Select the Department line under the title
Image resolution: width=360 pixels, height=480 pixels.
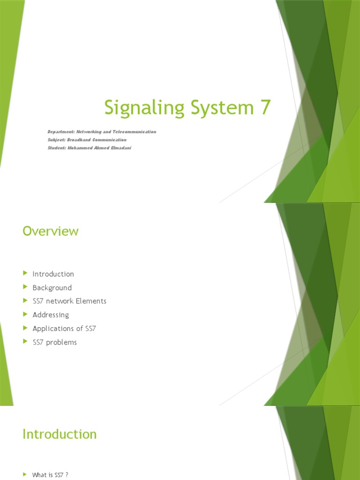pyautogui.click(x=102, y=132)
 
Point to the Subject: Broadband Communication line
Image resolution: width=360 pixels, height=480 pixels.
pyautogui.click(x=87, y=140)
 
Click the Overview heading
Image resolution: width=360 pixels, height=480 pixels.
pyautogui.click(x=51, y=231)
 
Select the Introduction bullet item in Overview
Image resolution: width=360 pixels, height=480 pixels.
pyautogui.click(x=53, y=274)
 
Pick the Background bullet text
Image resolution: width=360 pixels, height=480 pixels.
pyautogui.click(x=52, y=288)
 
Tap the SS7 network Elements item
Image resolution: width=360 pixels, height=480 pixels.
pyautogui.click(x=69, y=301)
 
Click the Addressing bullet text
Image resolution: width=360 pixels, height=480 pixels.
pyautogui.click(x=51, y=315)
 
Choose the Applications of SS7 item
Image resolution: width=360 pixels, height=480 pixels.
pyautogui.click(x=64, y=329)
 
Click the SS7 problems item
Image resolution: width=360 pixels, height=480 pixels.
pyautogui.click(x=54, y=342)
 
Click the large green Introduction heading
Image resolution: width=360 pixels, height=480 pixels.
pyautogui.click(x=60, y=434)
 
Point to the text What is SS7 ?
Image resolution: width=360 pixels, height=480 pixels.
pyautogui.click(x=50, y=475)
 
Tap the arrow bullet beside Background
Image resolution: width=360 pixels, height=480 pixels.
pyautogui.click(x=25, y=287)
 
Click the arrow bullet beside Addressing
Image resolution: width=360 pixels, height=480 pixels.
pyautogui.click(x=25, y=314)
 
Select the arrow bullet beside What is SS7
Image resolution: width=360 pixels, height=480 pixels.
pyautogui.click(x=25, y=474)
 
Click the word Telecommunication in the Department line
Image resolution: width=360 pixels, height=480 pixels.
pyautogui.click(x=135, y=132)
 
